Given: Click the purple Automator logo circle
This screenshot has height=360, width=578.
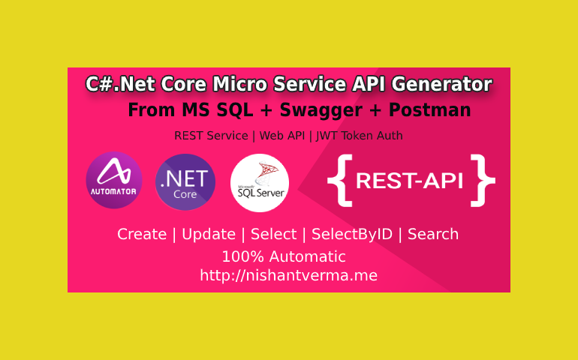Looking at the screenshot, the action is [x=114, y=180].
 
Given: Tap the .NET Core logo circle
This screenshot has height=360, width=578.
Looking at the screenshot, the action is [x=185, y=182].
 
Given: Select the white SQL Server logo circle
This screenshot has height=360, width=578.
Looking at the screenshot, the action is [x=260, y=183].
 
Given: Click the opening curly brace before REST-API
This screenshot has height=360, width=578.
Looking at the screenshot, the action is [x=340, y=181].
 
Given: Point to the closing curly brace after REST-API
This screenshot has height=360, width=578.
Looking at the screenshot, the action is [x=483, y=181].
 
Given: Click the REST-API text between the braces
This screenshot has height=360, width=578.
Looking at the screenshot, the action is [x=410, y=181].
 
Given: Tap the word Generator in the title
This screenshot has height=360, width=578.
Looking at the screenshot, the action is [x=441, y=85].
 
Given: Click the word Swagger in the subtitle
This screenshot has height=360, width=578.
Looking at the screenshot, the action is [x=321, y=110].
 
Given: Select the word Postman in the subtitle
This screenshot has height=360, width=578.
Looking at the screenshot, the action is [x=430, y=109].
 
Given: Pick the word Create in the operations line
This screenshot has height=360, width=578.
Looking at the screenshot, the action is [x=142, y=234].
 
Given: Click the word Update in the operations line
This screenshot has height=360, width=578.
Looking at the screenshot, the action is [x=209, y=234].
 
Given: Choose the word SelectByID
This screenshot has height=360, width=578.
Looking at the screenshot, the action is [x=352, y=234].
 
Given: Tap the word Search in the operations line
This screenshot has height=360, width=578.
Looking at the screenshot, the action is [x=433, y=234].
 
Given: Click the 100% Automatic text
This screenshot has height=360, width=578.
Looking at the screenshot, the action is [x=284, y=256].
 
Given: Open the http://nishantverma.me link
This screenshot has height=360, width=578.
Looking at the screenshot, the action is [x=289, y=275].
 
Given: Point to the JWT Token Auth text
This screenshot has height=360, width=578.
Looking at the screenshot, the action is [x=360, y=136].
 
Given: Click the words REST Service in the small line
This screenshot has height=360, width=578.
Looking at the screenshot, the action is [x=211, y=136].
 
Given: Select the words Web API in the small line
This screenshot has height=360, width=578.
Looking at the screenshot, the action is [x=282, y=136].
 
